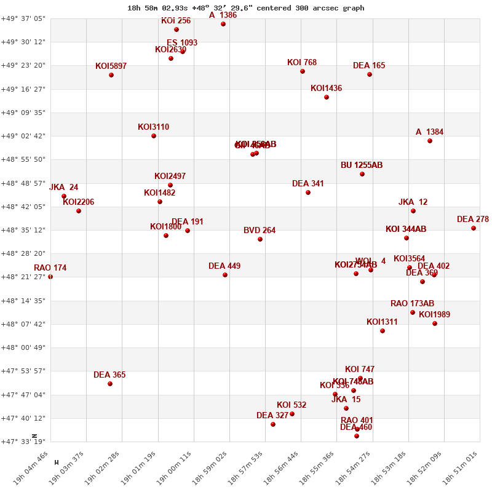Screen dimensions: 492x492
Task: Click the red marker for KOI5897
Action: [x=111, y=75]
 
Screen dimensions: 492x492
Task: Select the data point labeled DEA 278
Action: [x=474, y=228]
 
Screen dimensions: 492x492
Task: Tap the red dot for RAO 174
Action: [x=50, y=277]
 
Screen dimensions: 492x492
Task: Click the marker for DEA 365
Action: [x=110, y=384]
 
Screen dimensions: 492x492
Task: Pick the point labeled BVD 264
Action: [x=260, y=239]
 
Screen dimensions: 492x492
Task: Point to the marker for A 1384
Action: [x=430, y=141]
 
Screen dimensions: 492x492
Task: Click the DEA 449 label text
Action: [x=224, y=266]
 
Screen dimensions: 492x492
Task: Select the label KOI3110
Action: [x=153, y=127]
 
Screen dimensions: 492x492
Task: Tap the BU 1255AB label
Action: [x=362, y=165]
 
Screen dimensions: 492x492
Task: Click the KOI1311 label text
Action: [x=382, y=322]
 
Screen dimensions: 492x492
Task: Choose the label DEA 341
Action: [x=307, y=184]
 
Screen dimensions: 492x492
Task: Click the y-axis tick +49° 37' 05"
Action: [x=23, y=18]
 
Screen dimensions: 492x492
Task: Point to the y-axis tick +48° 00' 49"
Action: [x=23, y=347]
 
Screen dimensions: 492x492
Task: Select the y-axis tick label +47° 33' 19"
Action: [x=23, y=442]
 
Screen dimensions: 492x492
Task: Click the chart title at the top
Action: [x=245, y=8]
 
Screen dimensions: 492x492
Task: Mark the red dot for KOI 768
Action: [x=303, y=71]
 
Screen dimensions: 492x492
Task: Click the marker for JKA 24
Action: [x=64, y=196]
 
